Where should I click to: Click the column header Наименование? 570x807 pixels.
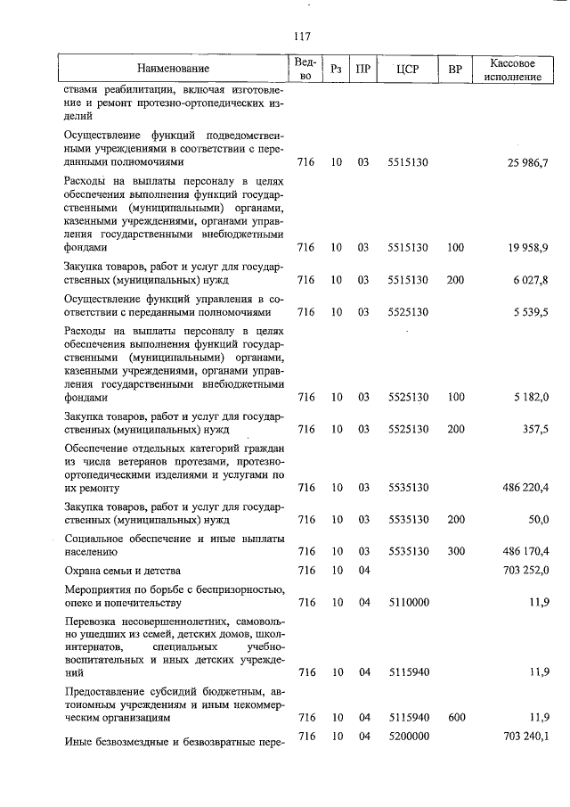pos(174,69)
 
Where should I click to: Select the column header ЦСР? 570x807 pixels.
pos(409,69)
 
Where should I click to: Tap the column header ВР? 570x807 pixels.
pos(455,69)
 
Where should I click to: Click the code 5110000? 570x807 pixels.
pos(409,602)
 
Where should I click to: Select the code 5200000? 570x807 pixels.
pos(409,736)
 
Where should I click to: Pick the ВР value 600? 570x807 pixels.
pos(456,717)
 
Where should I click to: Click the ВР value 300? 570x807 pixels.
pos(456,551)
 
